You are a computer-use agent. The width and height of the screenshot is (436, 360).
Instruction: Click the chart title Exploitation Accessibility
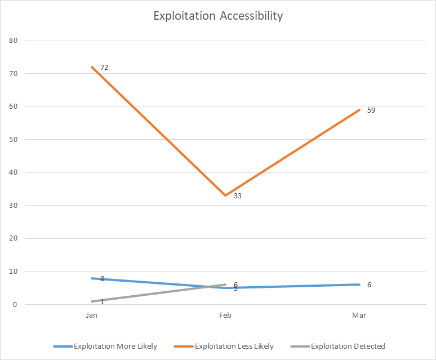tap(218, 16)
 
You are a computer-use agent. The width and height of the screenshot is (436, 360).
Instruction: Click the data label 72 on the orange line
tap(104, 68)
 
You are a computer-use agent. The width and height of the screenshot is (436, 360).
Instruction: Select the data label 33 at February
tap(238, 197)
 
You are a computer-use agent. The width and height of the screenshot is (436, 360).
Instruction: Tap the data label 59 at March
tap(371, 110)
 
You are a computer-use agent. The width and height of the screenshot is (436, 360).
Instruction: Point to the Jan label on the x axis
tap(92, 315)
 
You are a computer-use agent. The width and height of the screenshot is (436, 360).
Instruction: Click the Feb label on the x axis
tap(225, 315)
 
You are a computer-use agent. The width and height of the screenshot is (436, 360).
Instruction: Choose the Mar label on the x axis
tap(359, 315)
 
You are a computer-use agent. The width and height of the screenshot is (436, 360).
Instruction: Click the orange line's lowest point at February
tap(225, 195)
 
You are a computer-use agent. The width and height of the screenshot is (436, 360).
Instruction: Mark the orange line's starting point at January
tap(92, 67)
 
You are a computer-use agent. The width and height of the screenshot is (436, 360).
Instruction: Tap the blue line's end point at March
tap(359, 285)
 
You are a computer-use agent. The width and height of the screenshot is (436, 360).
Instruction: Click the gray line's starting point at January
tap(92, 301)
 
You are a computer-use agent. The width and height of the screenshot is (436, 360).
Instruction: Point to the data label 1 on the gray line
tap(102, 302)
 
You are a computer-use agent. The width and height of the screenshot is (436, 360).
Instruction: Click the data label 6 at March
tap(369, 285)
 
